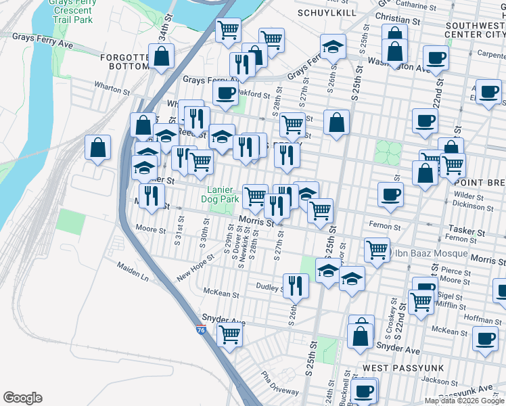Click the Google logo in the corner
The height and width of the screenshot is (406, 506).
(x=22, y=398)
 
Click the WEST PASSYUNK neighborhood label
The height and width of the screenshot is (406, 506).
(x=398, y=367)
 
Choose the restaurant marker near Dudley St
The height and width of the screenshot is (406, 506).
(x=295, y=286)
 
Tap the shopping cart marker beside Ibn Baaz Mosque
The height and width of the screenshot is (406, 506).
(x=377, y=249)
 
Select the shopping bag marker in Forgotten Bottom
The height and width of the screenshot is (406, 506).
(x=162, y=57)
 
